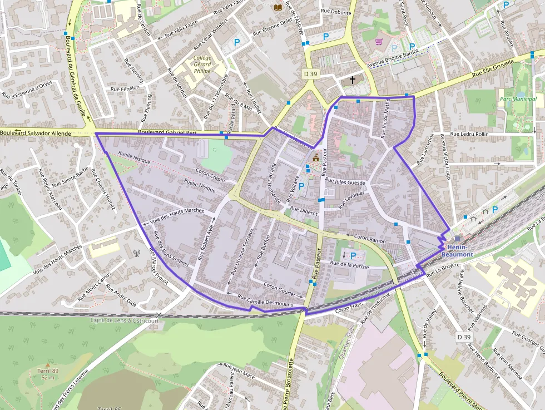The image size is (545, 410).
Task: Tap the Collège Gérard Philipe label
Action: tap(202, 64)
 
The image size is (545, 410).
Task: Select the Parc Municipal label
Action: tap(518, 99)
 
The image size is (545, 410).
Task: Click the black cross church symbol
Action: tap(352, 80)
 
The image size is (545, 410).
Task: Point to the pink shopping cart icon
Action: tap(379, 42)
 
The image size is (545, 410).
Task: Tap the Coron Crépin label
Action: tap(211, 175)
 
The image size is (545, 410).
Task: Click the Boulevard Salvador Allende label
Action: tap(36, 134)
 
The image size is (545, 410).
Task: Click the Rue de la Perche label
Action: tap(349, 265)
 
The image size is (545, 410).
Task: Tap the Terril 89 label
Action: tap(48, 371)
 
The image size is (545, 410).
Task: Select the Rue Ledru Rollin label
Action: tap(469, 134)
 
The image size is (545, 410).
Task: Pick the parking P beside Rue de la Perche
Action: tap(353, 255)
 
